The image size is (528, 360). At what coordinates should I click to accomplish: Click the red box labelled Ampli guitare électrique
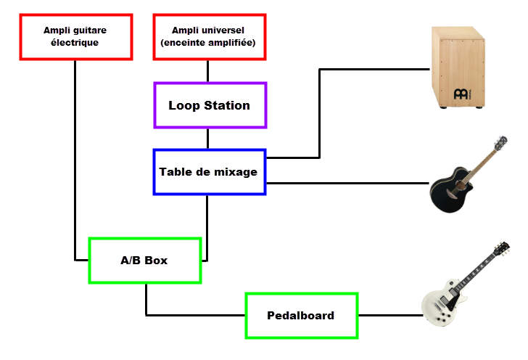click(75, 37)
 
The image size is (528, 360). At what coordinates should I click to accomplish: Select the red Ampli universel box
click(208, 37)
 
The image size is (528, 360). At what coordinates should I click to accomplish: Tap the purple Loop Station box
click(210, 105)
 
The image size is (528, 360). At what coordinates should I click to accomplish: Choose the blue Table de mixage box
click(210, 172)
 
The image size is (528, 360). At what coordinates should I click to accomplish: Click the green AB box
click(144, 261)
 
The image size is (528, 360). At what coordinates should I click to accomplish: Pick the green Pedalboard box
click(302, 316)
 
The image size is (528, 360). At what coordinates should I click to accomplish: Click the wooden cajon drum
click(457, 67)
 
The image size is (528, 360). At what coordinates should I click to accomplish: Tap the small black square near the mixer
click(294, 164)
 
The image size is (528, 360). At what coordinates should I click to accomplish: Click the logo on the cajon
click(460, 94)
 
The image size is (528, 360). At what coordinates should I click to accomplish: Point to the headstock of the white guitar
click(500, 249)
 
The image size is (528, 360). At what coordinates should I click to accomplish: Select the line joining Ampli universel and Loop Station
click(208, 71)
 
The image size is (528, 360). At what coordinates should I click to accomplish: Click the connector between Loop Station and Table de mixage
click(208, 139)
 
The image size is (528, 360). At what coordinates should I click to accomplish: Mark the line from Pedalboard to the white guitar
click(389, 316)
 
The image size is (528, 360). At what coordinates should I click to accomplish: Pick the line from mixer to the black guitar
click(348, 183)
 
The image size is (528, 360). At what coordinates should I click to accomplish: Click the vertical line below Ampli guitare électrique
click(75, 160)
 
